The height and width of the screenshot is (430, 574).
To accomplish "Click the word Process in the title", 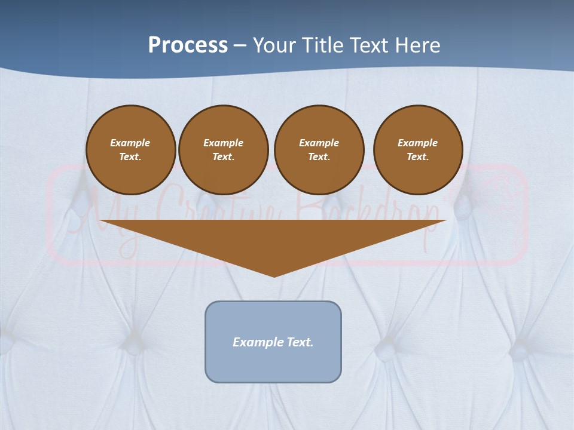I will click(188, 45).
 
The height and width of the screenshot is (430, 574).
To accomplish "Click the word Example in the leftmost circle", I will click(130, 143).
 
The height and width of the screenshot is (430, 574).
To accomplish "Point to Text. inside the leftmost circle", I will click(130, 156).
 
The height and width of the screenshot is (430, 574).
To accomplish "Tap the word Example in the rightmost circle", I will click(417, 143).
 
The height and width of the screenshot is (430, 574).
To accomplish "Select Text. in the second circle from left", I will click(223, 156).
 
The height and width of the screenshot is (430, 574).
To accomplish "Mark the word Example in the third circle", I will click(319, 143).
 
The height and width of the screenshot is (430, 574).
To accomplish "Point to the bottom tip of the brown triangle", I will click(274, 276).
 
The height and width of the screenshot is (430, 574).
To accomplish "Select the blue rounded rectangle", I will click(273, 364).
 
